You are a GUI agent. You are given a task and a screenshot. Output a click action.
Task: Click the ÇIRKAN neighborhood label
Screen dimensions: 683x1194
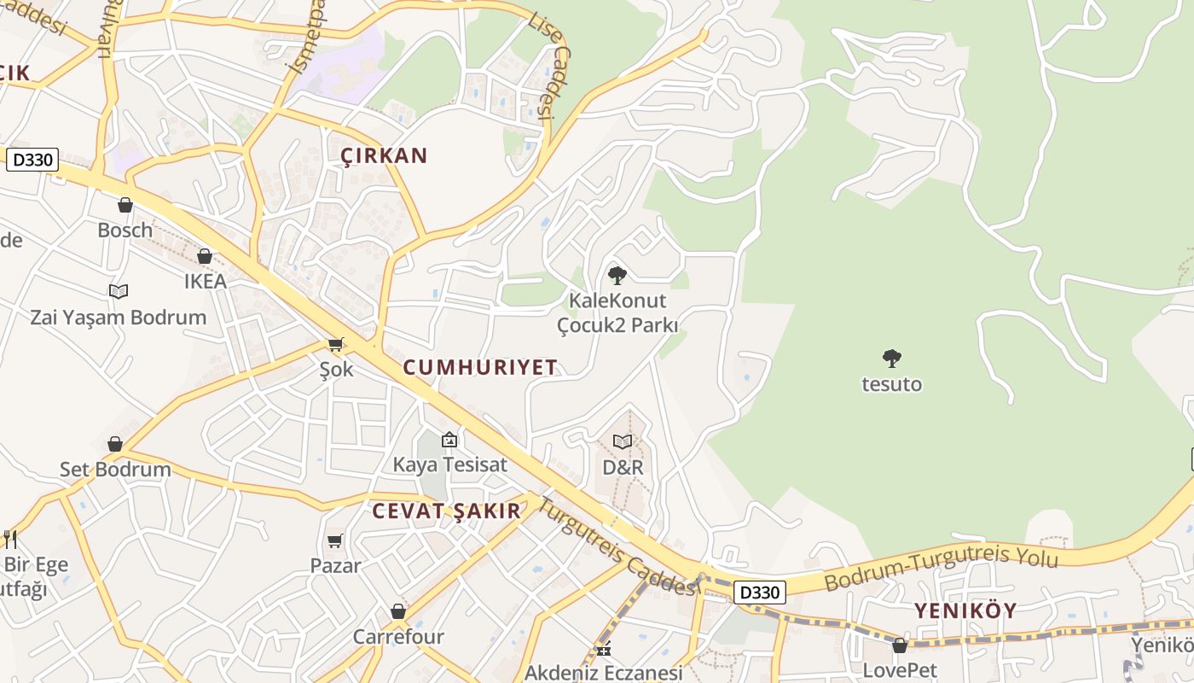[384, 155]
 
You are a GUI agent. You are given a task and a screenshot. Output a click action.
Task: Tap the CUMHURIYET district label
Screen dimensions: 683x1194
[480, 367]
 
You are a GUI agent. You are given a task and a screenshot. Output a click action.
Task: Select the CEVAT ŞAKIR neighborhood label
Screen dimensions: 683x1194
[446, 511]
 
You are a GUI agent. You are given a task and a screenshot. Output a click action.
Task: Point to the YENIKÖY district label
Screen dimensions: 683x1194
[965, 610]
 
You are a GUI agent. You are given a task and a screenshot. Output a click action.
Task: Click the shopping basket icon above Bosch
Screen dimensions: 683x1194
[125, 205]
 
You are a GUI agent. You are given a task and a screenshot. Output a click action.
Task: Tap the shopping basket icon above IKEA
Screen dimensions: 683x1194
[205, 256]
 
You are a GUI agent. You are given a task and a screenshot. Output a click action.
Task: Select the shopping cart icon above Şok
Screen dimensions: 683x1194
[336, 344]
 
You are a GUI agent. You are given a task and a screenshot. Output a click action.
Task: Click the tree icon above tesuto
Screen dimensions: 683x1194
[892, 359]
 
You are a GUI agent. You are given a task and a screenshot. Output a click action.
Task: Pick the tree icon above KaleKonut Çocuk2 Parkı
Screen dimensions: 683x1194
[617, 275]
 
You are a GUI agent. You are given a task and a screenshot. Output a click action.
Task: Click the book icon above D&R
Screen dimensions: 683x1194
[623, 441]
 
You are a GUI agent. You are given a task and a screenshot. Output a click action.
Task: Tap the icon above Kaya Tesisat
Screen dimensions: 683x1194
[449, 440]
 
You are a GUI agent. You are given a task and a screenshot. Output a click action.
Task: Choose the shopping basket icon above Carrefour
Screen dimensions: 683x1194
[398, 611]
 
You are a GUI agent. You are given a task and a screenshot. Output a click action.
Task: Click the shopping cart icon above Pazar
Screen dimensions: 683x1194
[335, 540]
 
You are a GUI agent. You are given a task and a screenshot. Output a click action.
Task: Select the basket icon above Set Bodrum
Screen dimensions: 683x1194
[115, 444]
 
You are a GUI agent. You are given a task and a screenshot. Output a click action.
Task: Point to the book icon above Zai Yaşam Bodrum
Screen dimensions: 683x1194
[119, 292]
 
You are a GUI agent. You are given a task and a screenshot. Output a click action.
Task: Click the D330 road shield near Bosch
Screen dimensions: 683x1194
[32, 160]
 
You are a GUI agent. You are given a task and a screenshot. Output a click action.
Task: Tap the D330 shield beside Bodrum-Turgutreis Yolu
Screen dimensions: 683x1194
[759, 593]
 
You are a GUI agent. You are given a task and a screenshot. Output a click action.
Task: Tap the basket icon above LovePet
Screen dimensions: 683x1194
[900, 645]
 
